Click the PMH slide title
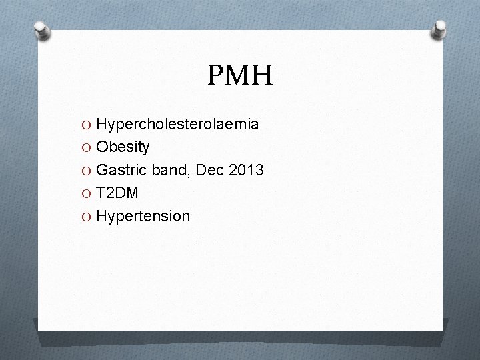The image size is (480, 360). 240,76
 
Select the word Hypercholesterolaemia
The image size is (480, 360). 177,125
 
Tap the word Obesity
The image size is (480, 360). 123,147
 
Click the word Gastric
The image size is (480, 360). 121,171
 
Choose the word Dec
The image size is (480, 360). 211,170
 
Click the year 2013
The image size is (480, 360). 247,170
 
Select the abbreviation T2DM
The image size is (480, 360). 118,193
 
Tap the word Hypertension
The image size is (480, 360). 143,217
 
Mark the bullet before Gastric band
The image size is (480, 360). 87,171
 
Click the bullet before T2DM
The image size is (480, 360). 87,193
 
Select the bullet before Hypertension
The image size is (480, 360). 87,217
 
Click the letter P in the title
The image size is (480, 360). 216,76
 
